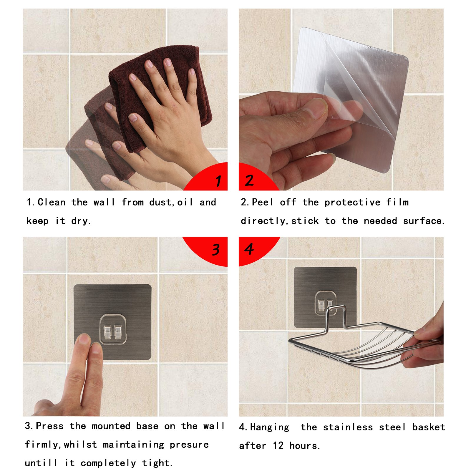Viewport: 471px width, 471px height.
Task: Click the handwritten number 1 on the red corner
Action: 218,181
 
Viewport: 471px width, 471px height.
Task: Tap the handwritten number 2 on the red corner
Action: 249,180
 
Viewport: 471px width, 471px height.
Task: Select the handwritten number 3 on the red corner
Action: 216,250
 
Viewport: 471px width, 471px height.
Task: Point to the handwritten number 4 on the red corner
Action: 249,249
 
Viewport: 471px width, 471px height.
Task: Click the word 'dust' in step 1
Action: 160,202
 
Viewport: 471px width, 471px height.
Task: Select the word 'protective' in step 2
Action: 352,203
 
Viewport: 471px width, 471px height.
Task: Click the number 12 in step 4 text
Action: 278,446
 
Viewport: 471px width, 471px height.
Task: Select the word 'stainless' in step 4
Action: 348,427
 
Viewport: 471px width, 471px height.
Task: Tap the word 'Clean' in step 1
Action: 52,202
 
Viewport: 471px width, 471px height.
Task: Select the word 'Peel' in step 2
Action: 263,202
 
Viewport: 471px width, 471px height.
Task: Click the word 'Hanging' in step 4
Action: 270,427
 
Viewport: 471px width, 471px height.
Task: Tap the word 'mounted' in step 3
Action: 111,426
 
